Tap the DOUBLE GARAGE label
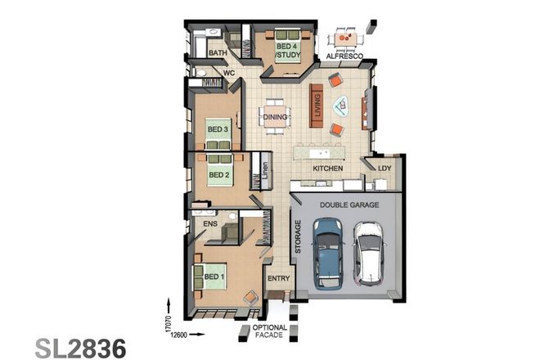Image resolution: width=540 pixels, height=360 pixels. pyautogui.click(x=349, y=205)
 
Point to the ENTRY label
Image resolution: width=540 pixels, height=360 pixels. pyautogui.click(x=279, y=279)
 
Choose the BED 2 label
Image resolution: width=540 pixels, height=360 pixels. pyautogui.click(x=218, y=174)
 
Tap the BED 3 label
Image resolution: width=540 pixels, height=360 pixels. pyautogui.click(x=217, y=129)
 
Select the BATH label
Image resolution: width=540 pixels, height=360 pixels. pyautogui.click(x=218, y=54)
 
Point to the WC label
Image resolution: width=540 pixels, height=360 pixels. pyautogui.click(x=229, y=72)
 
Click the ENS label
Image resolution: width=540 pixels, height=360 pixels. pyautogui.click(x=210, y=223)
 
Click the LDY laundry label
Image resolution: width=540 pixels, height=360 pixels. pyautogui.click(x=385, y=169)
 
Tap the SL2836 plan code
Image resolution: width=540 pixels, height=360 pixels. pyautogui.click(x=81, y=347)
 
